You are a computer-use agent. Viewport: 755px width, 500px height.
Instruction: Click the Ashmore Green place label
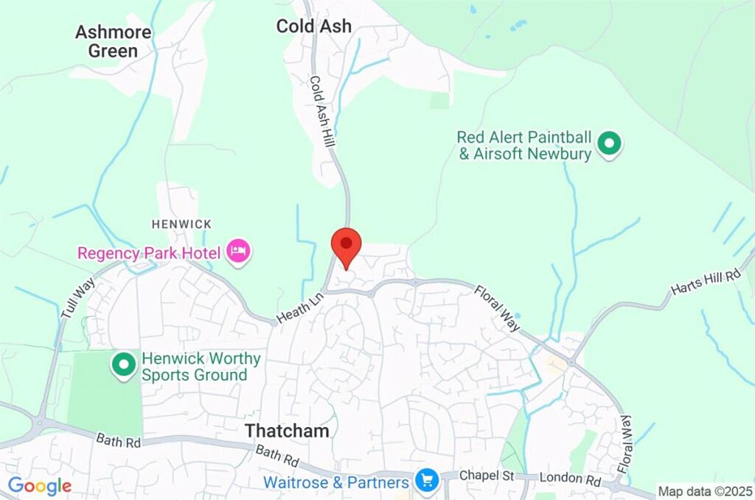pos(114,41)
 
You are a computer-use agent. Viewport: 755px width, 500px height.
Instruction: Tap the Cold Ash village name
pos(313,26)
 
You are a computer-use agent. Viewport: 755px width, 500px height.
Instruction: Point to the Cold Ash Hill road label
pos(321,111)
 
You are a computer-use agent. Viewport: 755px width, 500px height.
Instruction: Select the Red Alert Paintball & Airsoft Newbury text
pos(524,146)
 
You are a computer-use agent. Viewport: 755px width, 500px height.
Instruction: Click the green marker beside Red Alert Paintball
pos(609,144)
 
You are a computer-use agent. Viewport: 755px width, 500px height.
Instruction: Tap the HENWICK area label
pos(181,224)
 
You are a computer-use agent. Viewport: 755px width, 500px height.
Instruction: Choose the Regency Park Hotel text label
pos(149,253)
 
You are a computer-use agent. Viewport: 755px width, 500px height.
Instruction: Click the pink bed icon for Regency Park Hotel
pos(238,252)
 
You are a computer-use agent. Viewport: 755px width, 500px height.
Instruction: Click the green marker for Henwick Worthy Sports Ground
pos(122,364)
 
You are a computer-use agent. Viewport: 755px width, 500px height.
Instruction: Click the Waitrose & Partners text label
pos(336,483)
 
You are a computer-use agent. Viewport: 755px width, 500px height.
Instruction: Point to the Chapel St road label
pos(487,476)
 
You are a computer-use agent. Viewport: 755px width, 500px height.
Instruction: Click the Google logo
pos(40,486)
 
